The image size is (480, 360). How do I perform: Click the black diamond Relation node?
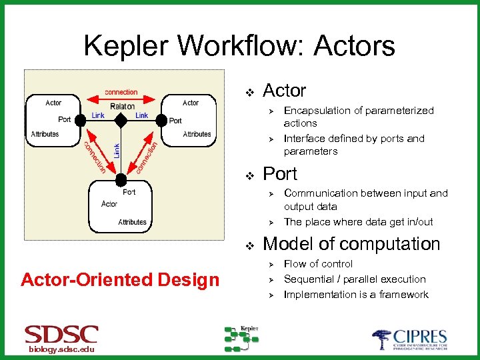pyautogui.click(x=121, y=120)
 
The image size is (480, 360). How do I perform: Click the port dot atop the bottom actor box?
pyautogui.click(x=121, y=181)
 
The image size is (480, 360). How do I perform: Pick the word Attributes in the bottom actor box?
pyautogui.click(x=132, y=222)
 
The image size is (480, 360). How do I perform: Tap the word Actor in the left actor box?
pyautogui.click(x=53, y=103)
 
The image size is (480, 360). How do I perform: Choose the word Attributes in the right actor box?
pyautogui.click(x=197, y=134)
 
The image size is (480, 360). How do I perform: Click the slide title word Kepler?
pyautogui.click(x=126, y=46)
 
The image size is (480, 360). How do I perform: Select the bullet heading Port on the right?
pyautogui.click(x=280, y=174)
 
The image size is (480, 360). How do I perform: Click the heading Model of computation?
pyautogui.click(x=351, y=244)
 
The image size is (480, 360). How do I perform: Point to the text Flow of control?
pyautogui.click(x=318, y=264)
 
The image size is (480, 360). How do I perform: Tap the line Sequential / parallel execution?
pyautogui.click(x=355, y=279)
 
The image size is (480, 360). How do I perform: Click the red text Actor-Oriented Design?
pyautogui.click(x=120, y=280)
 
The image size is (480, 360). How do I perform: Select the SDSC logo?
pyautogui.click(x=61, y=335)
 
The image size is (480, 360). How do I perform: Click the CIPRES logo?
pyautogui.click(x=409, y=339)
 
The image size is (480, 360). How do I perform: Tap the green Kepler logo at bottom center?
pyautogui.click(x=241, y=338)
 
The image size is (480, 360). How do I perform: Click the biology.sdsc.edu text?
pyautogui.click(x=61, y=351)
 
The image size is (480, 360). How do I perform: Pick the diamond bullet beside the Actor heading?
pyautogui.click(x=250, y=91)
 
